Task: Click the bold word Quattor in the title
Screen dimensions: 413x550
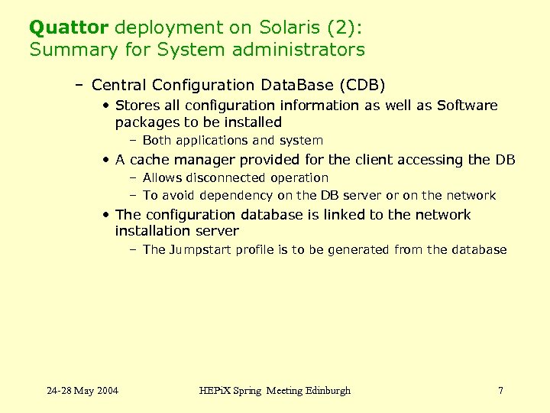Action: click(69, 28)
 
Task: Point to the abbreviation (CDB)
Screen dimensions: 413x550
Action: click(357, 85)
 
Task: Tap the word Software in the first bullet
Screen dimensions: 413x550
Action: click(466, 106)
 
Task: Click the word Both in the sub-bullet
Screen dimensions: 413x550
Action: click(156, 141)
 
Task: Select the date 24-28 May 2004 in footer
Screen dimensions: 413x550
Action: click(82, 391)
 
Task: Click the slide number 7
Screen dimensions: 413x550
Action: click(500, 391)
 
